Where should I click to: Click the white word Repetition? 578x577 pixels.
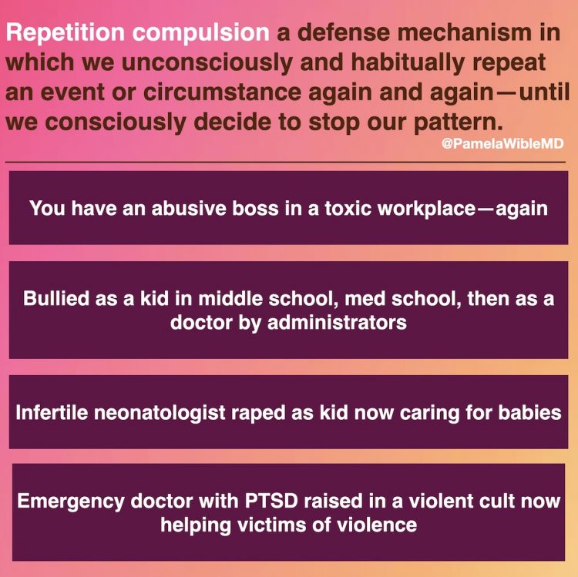pos(66,33)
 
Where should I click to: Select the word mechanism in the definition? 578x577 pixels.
pos(465,32)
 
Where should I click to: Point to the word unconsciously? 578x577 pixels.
pos(207,63)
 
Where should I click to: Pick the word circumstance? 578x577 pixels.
pos(222,92)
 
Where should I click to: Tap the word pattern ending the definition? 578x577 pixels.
pos(459,123)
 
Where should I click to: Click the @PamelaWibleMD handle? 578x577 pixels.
pos(502,143)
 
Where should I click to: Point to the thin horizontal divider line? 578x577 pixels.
pos(285,162)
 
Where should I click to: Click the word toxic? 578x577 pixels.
pos(348,209)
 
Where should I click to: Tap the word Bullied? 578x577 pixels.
pos(56,298)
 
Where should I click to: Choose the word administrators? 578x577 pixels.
pos(337,323)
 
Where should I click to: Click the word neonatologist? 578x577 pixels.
pos(160,413)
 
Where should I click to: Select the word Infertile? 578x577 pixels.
pos(52,412)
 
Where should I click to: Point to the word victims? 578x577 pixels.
pos(271,525)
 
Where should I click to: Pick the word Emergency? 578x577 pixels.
pos(71,502)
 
